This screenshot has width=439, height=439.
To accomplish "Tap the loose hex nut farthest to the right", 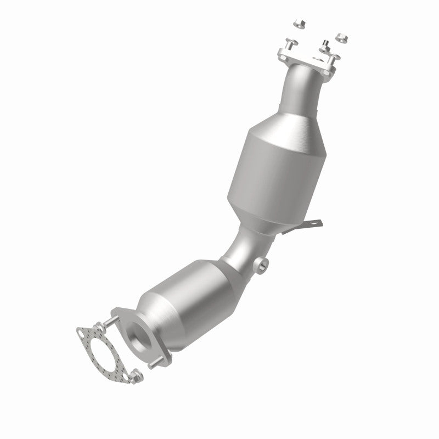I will point(340,38).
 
